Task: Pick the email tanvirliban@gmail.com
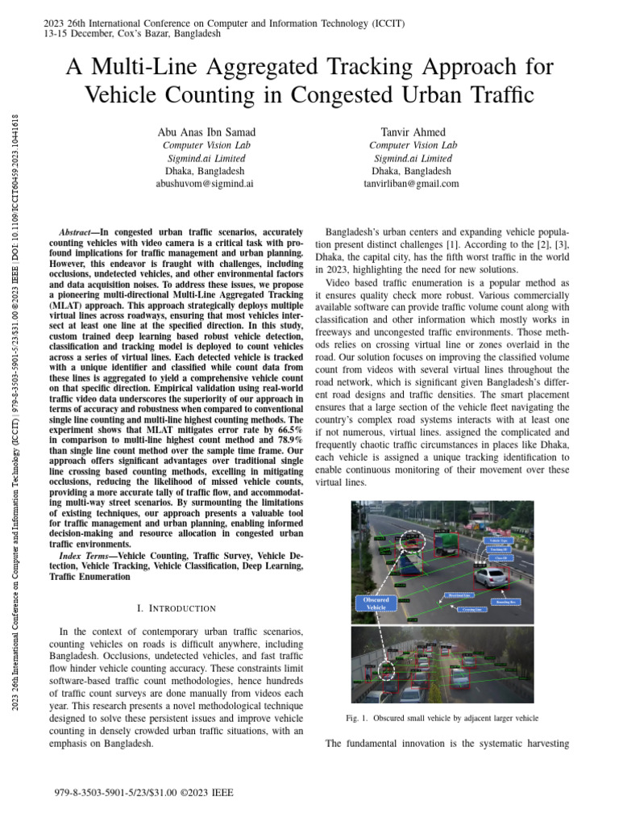coord(412,184)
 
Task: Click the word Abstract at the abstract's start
coord(80,231)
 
